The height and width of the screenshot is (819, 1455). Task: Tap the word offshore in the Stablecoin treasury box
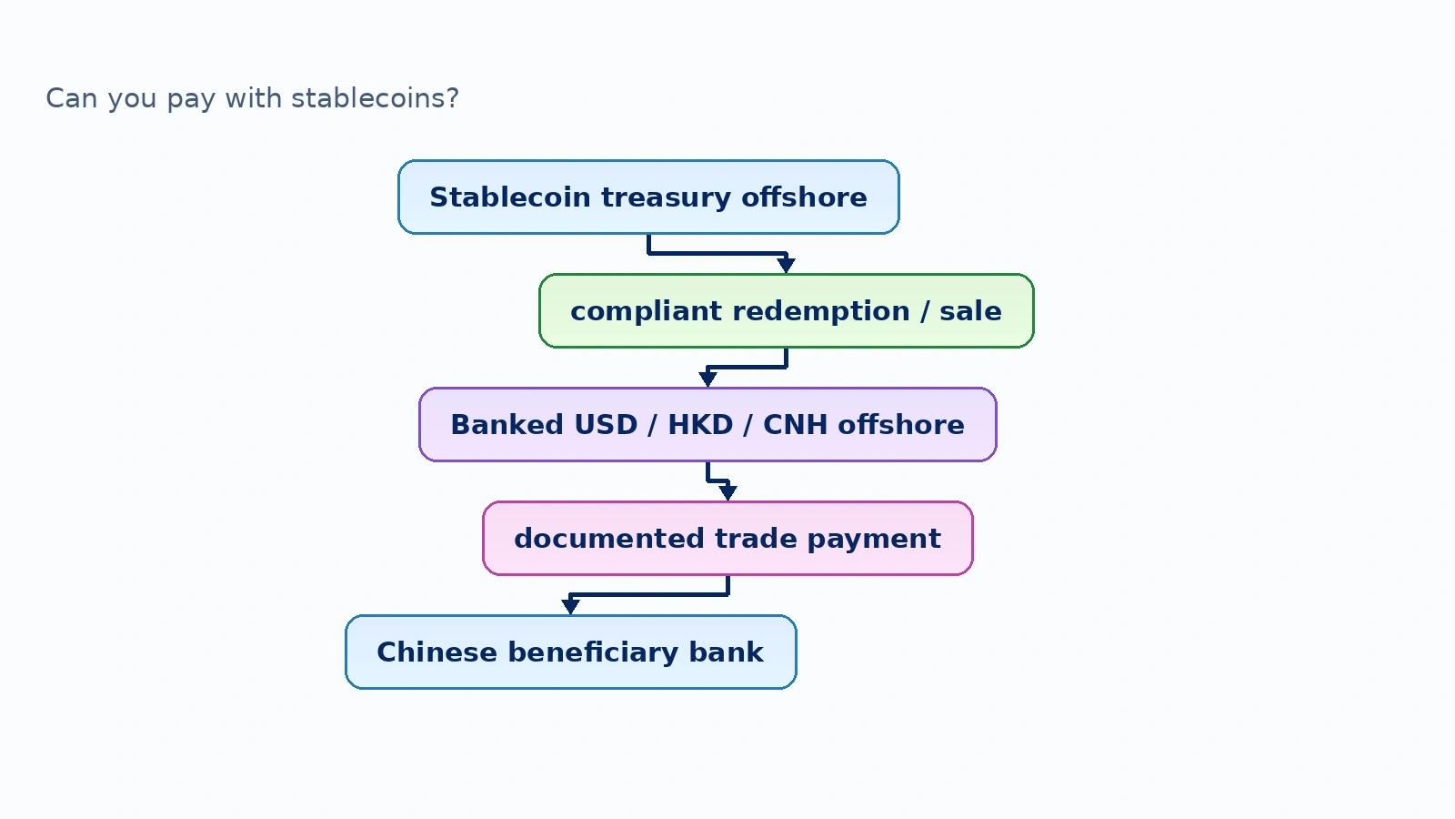(804, 197)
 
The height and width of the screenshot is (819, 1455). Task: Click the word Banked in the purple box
(507, 424)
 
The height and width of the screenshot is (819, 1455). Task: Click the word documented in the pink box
(609, 538)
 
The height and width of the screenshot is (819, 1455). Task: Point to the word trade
(756, 538)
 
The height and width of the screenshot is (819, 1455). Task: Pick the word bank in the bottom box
(727, 652)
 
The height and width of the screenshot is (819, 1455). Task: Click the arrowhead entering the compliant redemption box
(786, 265)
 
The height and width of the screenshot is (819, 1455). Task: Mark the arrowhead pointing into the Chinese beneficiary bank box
(570, 606)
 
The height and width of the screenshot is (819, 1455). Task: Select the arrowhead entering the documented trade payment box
(727, 492)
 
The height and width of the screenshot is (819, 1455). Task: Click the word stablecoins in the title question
(375, 98)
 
